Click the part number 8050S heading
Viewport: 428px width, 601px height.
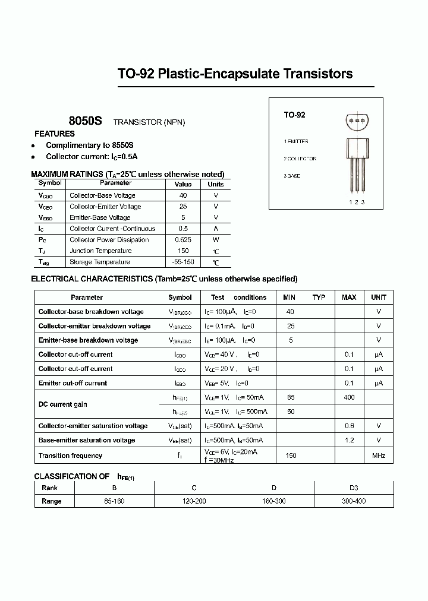point(85,121)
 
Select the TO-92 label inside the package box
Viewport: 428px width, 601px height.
point(294,115)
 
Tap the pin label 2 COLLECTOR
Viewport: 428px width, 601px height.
point(300,159)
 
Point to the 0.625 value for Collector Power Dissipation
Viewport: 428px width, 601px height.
point(182,240)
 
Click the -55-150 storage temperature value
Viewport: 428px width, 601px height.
point(182,262)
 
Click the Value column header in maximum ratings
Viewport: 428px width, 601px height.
point(182,184)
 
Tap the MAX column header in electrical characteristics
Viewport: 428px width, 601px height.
point(349,298)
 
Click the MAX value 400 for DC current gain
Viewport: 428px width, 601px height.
point(349,397)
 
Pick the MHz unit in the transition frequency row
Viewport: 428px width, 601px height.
point(379,456)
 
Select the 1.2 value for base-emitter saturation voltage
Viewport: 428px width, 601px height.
point(349,440)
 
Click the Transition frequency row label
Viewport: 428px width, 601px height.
point(70,456)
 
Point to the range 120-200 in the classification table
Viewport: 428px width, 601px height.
point(194,501)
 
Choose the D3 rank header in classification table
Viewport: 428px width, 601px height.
point(354,488)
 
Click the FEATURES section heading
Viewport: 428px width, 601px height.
point(54,134)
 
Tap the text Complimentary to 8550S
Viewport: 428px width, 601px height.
point(90,145)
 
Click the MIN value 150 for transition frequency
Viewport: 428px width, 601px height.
point(290,456)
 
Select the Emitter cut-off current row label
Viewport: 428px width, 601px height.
point(73,383)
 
